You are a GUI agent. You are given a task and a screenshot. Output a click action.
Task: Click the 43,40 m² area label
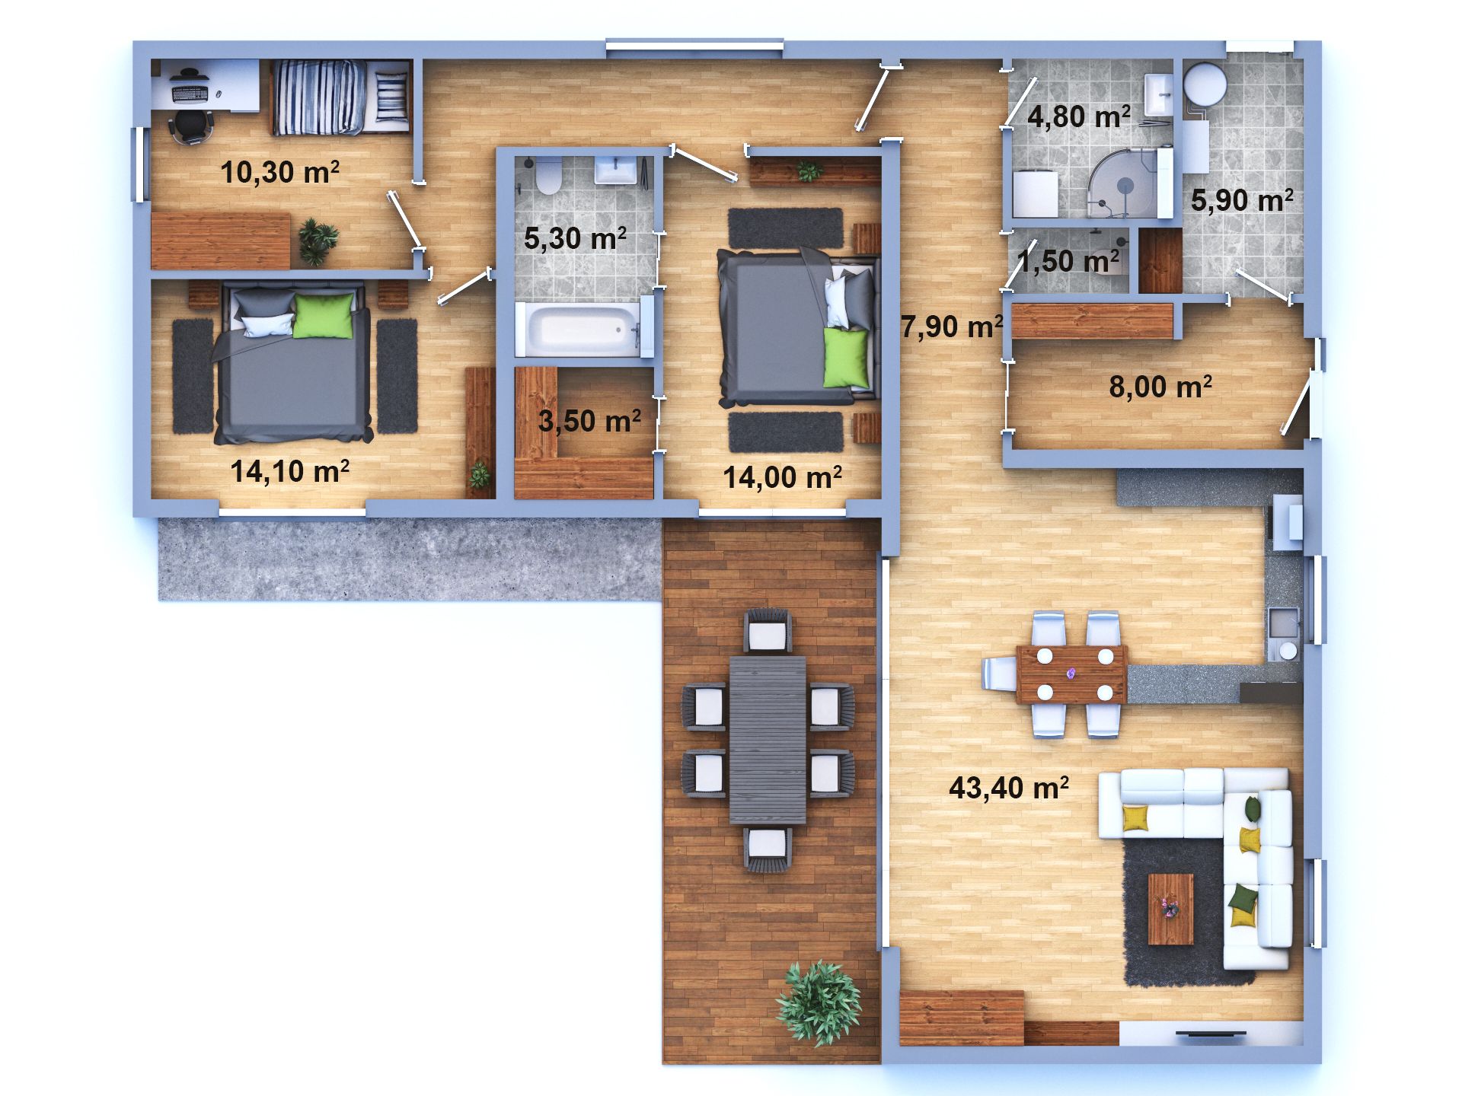click(x=1009, y=788)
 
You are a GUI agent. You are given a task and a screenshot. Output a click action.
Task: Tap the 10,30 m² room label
click(x=280, y=172)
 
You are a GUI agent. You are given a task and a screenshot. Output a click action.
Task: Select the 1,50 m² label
click(x=1068, y=261)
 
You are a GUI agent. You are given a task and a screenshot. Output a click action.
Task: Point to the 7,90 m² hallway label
click(x=952, y=327)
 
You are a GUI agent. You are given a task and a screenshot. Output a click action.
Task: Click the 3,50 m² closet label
click(x=589, y=420)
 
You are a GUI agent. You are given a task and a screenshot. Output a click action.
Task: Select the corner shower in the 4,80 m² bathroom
click(x=1124, y=183)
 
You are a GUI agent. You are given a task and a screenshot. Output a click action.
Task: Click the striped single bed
click(x=340, y=97)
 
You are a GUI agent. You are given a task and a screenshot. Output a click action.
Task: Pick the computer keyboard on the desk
click(x=190, y=94)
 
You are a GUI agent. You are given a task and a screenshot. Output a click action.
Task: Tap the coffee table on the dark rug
click(x=1170, y=909)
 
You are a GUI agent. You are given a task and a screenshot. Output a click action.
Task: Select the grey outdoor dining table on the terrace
click(x=768, y=740)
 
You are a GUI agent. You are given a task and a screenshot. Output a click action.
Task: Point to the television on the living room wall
click(x=1211, y=1034)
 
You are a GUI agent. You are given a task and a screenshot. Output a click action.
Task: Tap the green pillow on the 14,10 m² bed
click(x=323, y=316)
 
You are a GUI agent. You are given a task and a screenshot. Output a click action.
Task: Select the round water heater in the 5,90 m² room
click(x=1205, y=82)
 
